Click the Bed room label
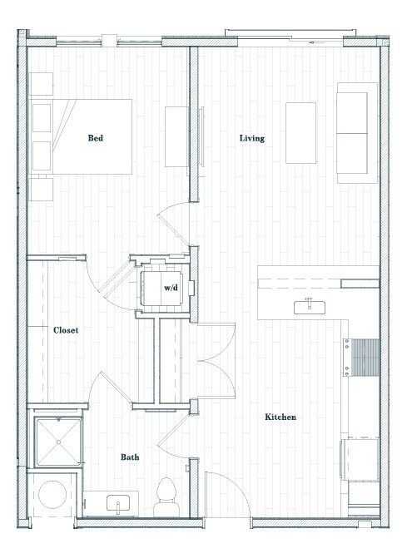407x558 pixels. click(96, 138)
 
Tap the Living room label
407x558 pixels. click(251, 138)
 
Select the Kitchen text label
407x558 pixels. click(281, 417)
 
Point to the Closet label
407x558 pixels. click(66, 330)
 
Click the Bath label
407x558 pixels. click(130, 457)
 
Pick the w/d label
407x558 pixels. click(170, 288)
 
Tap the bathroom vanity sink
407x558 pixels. click(117, 503)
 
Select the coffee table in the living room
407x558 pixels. click(300, 133)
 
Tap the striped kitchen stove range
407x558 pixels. click(365, 358)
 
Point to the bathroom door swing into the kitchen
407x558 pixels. click(172, 432)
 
